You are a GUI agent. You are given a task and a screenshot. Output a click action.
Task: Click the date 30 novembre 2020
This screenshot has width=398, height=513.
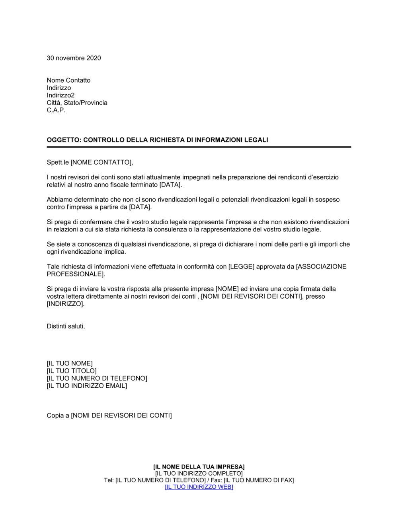[x=74, y=58]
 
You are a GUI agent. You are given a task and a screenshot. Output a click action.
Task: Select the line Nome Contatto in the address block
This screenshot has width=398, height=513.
[x=68, y=80]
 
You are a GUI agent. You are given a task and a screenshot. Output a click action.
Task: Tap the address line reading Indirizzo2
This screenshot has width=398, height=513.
[x=60, y=95]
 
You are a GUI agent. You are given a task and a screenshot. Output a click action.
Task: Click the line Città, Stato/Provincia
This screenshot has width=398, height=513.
[x=77, y=103]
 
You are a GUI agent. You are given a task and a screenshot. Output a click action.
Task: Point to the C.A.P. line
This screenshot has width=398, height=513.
[x=56, y=110]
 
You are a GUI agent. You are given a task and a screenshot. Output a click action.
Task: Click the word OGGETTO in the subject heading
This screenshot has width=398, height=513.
[x=64, y=140]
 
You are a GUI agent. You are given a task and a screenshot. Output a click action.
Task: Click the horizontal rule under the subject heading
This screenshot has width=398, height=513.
[x=199, y=147]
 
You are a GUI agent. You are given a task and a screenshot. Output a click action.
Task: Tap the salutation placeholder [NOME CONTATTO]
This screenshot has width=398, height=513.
[x=101, y=162]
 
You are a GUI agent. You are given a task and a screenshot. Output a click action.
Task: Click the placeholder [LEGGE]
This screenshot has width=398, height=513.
[x=241, y=266]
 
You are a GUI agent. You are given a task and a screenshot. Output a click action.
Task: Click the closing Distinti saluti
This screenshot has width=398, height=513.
[x=66, y=326]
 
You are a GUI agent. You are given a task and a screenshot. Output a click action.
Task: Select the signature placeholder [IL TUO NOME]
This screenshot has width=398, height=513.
[x=70, y=363]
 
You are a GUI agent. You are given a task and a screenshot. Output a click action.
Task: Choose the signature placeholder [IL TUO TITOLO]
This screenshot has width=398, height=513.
[x=72, y=371]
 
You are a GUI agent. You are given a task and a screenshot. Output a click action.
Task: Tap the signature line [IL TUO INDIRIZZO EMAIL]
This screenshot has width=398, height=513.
[x=87, y=386]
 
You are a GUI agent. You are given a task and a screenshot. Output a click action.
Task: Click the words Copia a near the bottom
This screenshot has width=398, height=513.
[x=58, y=416]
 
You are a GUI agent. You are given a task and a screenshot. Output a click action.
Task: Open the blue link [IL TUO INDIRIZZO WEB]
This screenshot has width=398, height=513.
[x=199, y=487]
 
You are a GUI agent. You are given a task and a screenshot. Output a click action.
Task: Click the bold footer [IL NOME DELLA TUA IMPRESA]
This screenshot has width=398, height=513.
[x=199, y=467]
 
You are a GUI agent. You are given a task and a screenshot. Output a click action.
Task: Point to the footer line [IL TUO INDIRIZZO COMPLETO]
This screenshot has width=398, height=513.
[x=199, y=474]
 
